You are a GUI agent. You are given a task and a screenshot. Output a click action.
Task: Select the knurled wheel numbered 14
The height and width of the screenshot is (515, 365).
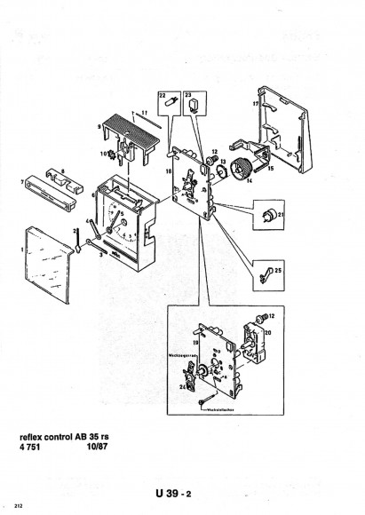pyautogui.click(x=238, y=170)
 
